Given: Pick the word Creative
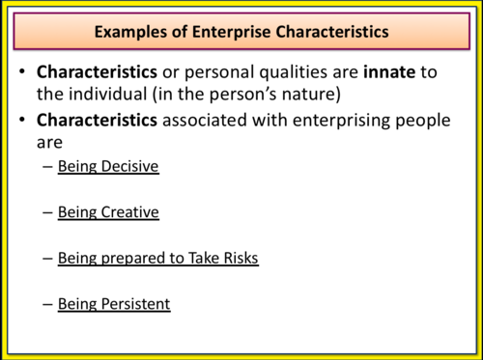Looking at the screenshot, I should point(127,212).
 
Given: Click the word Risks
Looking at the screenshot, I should point(237,259).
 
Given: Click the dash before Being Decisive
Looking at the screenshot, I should point(48,167).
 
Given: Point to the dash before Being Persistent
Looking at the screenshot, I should point(48,304).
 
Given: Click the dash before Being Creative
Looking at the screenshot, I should point(48,212).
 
